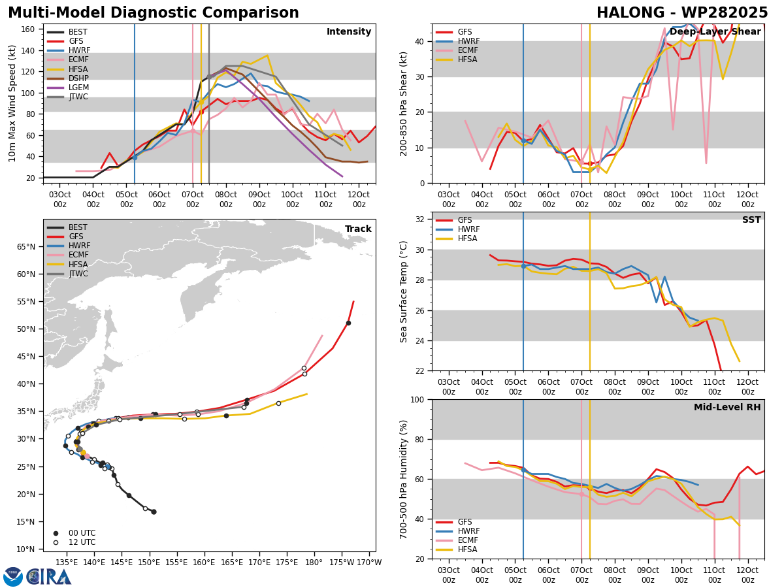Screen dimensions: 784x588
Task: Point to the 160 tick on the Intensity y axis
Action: (x=27, y=29)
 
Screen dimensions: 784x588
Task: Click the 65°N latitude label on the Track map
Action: (x=26, y=247)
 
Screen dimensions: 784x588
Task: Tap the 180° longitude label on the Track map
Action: (x=314, y=563)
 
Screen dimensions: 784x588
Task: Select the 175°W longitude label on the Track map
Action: (x=342, y=563)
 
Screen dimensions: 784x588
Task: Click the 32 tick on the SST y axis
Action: (x=419, y=220)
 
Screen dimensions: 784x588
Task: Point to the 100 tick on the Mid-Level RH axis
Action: (x=417, y=399)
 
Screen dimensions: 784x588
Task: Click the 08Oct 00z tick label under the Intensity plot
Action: (x=226, y=199)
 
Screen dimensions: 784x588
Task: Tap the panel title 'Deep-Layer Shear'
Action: (x=715, y=32)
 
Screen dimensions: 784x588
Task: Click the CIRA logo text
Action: (x=49, y=577)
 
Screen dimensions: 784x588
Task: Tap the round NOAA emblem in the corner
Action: (x=13, y=577)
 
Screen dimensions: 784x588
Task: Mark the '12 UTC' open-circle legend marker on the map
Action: (x=56, y=542)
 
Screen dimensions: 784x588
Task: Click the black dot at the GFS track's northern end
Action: (x=348, y=323)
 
